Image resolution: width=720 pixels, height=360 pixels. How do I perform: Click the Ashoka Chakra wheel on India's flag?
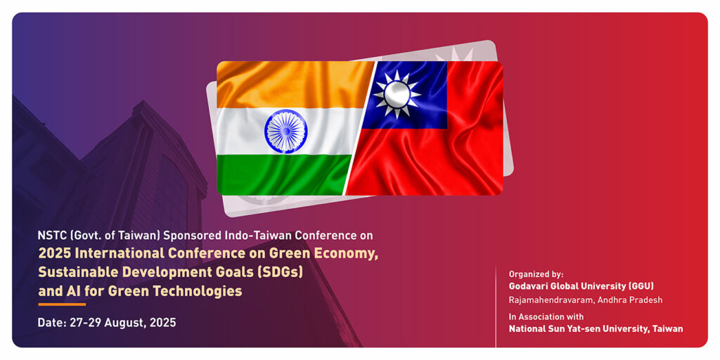(285, 131)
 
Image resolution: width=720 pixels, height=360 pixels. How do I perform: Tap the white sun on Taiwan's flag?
(397, 95)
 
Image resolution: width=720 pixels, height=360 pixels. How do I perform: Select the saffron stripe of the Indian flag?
(294, 85)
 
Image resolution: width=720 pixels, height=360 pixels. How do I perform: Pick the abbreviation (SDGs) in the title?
(281, 272)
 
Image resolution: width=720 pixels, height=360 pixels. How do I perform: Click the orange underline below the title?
(62, 304)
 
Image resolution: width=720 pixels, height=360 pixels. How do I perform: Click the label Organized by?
(536, 274)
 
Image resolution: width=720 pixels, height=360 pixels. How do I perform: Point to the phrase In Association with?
(546, 317)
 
